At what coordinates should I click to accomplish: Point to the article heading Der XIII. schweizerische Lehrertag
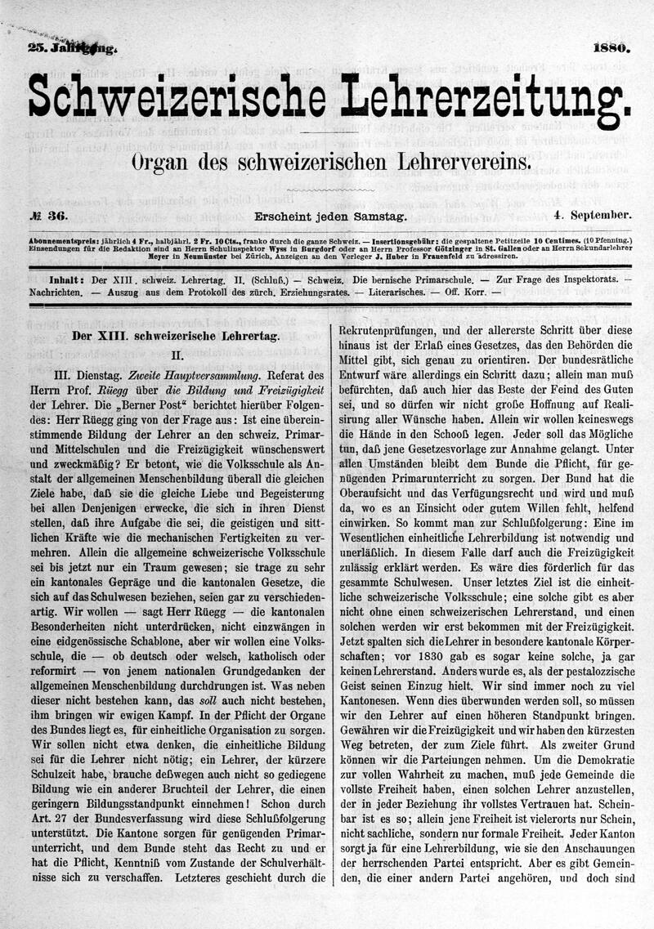click(x=176, y=335)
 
